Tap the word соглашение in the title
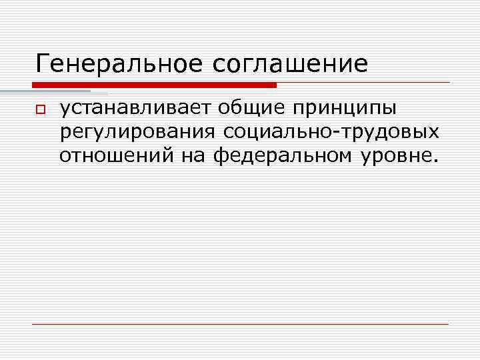pyautogui.click(x=291, y=64)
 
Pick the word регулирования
pyautogui.click(x=137, y=133)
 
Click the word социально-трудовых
pyautogui.click(x=331, y=133)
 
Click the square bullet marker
pyautogui.click(x=40, y=109)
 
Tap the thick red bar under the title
pyautogui.click(x=154, y=85)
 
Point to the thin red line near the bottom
pyautogui.click(x=240, y=324)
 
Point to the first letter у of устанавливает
pyautogui.click(x=65, y=111)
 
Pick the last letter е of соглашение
pyautogui.click(x=361, y=65)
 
